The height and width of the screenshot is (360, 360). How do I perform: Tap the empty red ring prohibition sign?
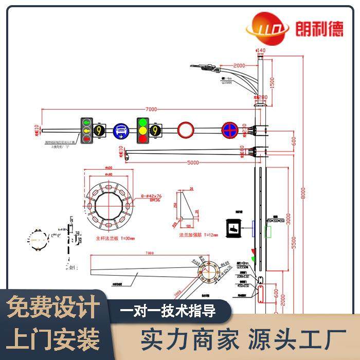click(x=185, y=130)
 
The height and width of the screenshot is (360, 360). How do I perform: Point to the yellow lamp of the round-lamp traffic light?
click(x=142, y=131)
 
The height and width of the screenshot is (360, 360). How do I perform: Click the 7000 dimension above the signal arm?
click(x=151, y=109)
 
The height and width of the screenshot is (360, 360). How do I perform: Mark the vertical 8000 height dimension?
click(x=303, y=192)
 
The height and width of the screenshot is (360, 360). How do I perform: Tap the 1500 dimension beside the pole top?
click(x=272, y=81)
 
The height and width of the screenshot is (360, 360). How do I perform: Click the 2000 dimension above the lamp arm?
click(x=239, y=65)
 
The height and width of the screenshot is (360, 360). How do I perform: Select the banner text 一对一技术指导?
click(x=168, y=311)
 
